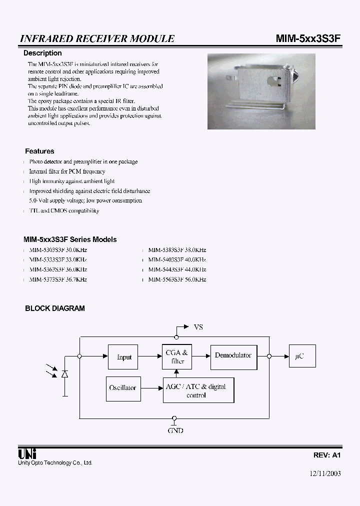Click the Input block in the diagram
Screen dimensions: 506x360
(123, 357)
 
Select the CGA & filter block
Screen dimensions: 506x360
(177, 357)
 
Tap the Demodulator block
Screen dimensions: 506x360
(233, 356)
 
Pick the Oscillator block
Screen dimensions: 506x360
(122, 388)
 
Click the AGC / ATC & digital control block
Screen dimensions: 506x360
(198, 390)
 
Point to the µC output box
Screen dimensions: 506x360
(302, 356)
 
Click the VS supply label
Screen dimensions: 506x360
(198, 327)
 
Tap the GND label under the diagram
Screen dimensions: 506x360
(175, 430)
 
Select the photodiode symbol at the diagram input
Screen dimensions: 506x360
(64, 374)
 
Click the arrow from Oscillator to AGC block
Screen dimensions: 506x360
(150, 388)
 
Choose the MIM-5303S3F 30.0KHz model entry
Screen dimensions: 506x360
(58, 250)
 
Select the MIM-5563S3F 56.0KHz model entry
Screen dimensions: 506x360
(177, 279)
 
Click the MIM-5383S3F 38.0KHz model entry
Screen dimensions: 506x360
(177, 250)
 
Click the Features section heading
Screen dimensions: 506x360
(39, 151)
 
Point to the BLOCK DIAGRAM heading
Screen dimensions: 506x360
(55, 308)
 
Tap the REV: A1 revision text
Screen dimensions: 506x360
(327, 455)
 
